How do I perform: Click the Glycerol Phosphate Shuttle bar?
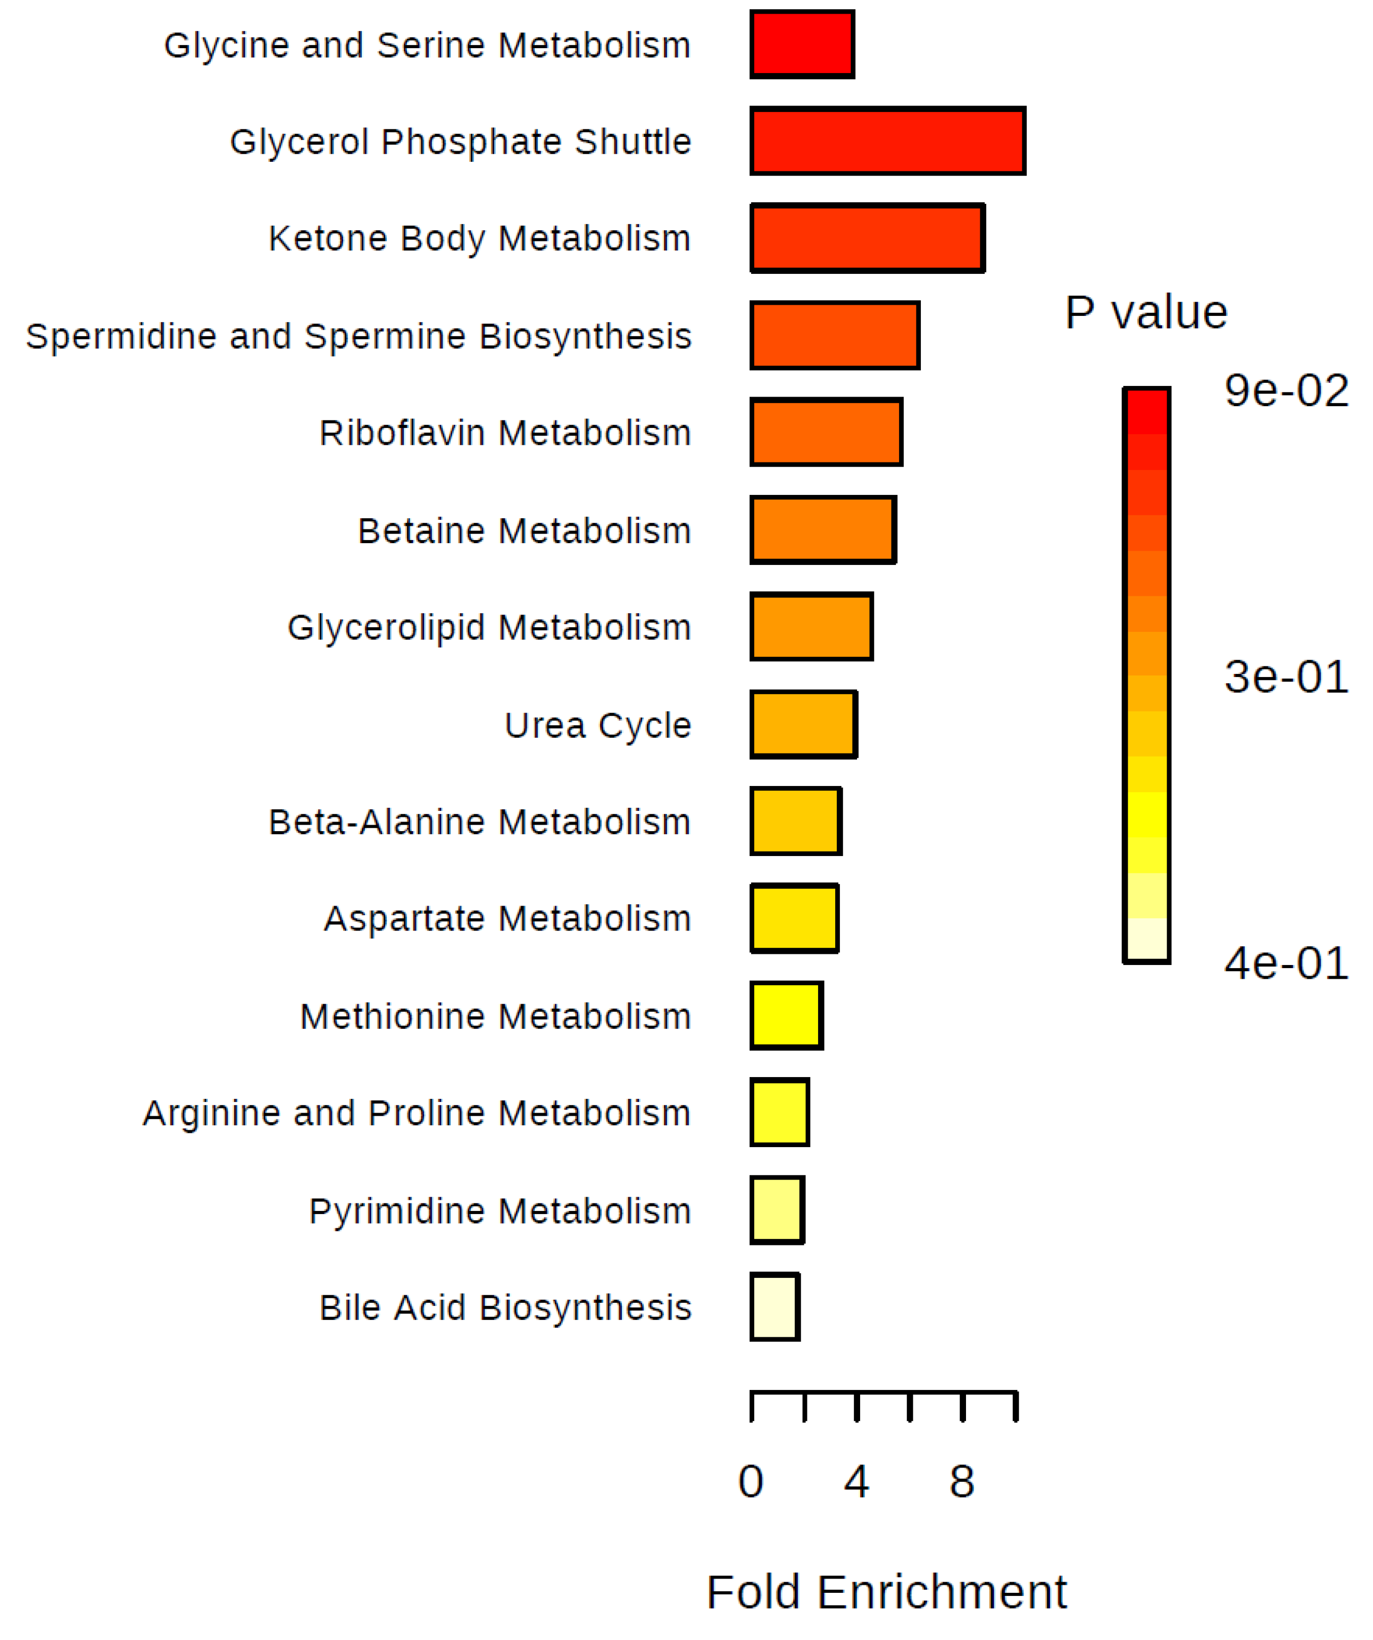coord(887,141)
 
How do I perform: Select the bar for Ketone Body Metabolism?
coord(867,238)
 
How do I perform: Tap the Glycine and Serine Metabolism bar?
coord(802,45)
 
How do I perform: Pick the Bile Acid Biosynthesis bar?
coord(775,1307)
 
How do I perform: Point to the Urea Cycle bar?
coord(804,725)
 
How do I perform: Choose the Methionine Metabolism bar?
coord(787,1015)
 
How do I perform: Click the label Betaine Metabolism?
coord(525,531)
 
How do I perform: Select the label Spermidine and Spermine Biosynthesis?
coord(359,337)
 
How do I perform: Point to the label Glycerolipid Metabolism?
coord(490,628)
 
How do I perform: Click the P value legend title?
coord(1146,313)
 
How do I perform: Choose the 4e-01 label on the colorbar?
coord(1286,963)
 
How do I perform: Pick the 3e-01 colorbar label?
coord(1286,676)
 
